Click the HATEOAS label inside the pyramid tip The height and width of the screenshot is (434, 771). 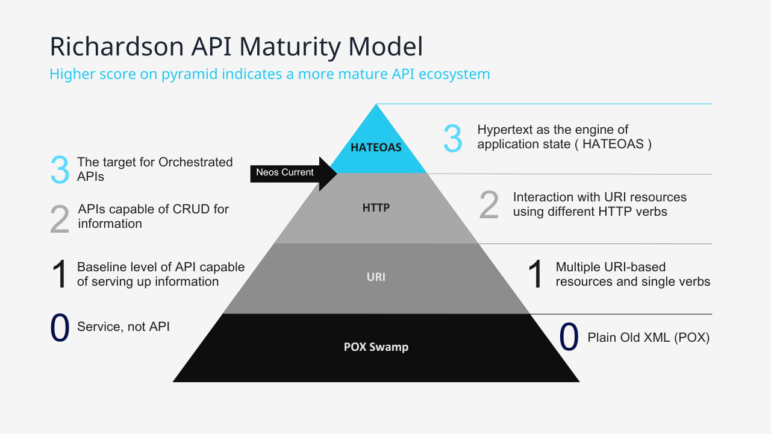(x=376, y=148)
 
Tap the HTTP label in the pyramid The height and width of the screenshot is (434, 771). (x=376, y=208)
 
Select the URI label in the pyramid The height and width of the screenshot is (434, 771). (x=376, y=277)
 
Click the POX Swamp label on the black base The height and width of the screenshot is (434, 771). (x=376, y=347)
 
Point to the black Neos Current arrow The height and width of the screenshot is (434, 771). (x=293, y=174)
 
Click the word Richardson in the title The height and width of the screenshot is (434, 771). (x=117, y=46)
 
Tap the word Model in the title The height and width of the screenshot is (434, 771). (x=385, y=46)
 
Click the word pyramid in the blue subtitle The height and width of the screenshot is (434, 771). (x=190, y=74)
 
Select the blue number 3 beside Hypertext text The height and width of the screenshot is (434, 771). (x=452, y=139)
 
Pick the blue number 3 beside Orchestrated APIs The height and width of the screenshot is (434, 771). (x=60, y=170)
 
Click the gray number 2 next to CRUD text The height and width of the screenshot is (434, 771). (x=60, y=219)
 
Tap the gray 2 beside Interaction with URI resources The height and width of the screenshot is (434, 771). (x=489, y=206)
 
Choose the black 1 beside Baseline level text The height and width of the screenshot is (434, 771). (x=60, y=274)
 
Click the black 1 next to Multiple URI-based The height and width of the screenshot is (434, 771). (x=535, y=274)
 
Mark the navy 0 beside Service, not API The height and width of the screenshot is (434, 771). (x=60, y=327)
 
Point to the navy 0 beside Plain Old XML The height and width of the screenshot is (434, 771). (x=569, y=336)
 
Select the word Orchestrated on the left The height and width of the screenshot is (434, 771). (x=196, y=162)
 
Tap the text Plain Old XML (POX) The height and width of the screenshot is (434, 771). (x=649, y=338)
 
